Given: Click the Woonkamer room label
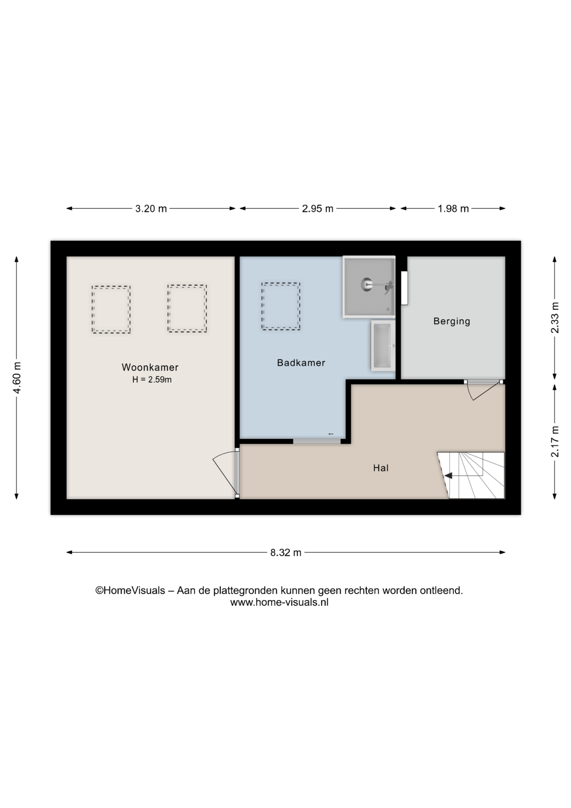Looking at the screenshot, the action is (150, 367).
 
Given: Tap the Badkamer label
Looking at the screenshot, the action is (301, 363).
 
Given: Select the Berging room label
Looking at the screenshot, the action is (452, 321).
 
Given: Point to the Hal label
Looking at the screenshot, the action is (381, 468).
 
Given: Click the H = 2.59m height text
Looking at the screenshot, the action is (152, 380).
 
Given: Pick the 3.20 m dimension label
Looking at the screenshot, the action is (151, 209).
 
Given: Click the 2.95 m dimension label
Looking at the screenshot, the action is (318, 209).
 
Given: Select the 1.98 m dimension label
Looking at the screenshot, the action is (453, 209).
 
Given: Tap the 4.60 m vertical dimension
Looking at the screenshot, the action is (17, 378).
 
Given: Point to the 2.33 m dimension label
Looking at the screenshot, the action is (555, 318).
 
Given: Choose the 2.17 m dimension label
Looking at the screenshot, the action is (555, 441).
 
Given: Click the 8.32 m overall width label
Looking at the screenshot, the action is (286, 553).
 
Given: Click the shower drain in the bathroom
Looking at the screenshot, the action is (366, 284).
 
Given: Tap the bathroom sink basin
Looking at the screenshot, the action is (382, 346).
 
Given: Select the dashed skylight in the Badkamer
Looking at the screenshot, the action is (281, 306).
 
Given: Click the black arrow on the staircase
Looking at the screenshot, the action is (449, 476).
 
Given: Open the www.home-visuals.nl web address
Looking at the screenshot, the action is (279, 602).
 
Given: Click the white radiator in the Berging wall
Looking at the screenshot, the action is (404, 288).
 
